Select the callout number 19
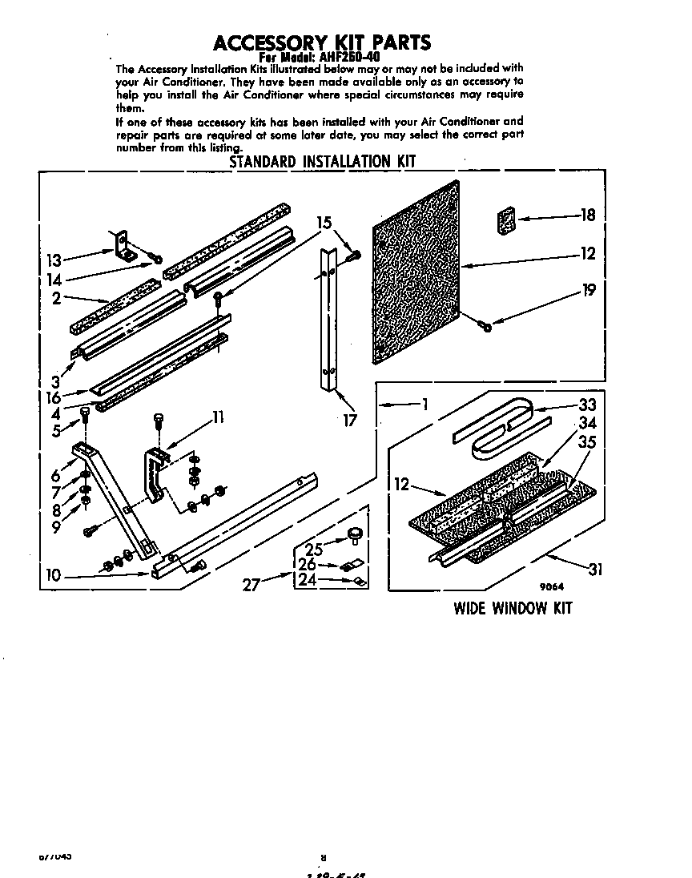589,291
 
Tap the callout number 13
54,260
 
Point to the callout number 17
350,419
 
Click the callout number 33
588,405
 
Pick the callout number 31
594,570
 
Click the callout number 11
217,417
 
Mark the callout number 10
54,575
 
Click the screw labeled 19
485,324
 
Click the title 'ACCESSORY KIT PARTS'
321,42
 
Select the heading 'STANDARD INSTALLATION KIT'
323,161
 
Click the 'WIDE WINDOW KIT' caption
513,608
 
